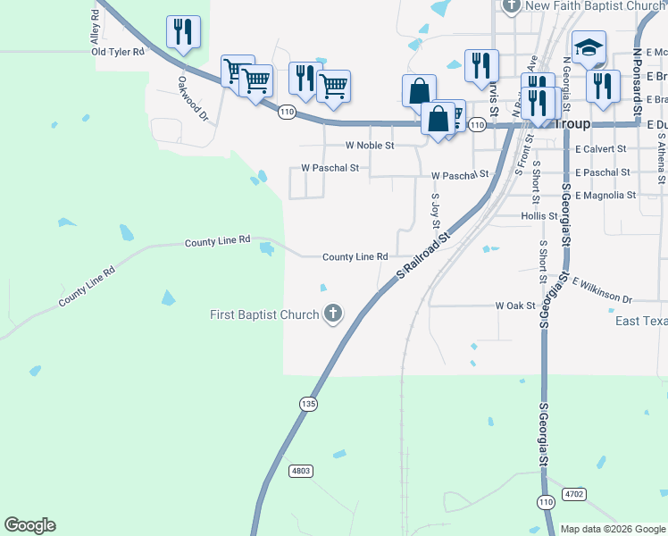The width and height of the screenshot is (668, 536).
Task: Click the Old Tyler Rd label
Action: point(118,52)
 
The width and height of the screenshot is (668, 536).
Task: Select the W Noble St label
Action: point(370,145)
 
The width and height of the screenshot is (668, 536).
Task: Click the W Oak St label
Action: point(515,306)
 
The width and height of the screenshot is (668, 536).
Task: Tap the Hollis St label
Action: point(539,216)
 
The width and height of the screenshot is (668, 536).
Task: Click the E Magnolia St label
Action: point(605,195)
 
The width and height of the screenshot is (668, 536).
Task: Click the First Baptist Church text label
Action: point(264,314)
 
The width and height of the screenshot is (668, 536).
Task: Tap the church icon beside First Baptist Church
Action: point(333,314)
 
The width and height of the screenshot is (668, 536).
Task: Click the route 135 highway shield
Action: point(308,404)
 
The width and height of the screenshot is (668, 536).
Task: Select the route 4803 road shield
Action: point(301,470)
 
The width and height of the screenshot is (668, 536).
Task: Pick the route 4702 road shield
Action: point(574,492)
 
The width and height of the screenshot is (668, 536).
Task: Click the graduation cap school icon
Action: point(589,47)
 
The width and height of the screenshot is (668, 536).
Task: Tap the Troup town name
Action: point(572,125)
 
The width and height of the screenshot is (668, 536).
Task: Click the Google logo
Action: point(29,525)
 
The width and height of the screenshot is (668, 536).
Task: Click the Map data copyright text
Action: point(613,529)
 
